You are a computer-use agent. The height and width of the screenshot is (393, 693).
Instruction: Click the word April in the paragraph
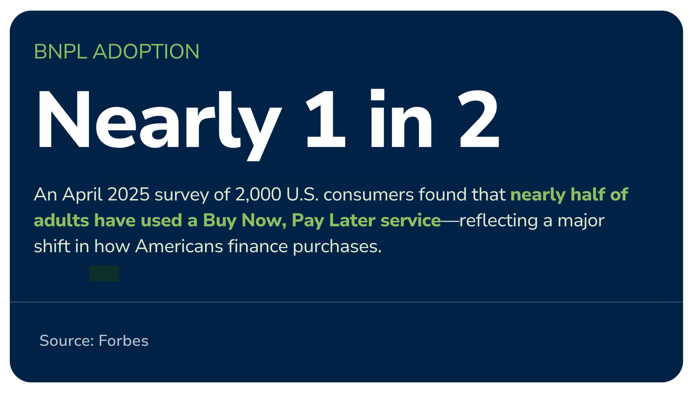click(x=82, y=194)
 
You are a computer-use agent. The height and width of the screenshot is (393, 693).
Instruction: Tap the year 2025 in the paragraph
click(x=129, y=194)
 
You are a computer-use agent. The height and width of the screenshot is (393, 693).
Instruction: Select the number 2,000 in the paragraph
click(x=258, y=194)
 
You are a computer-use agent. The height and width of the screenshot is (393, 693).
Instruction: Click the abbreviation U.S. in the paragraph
click(x=302, y=194)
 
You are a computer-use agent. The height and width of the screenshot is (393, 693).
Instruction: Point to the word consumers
click(x=368, y=194)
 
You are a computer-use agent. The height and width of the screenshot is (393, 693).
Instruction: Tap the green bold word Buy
click(x=220, y=221)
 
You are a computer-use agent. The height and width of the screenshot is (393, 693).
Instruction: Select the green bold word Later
click(x=352, y=220)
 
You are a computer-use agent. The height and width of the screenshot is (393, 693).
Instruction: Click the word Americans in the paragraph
click(x=179, y=246)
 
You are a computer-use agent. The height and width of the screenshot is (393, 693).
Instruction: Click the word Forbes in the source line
click(x=123, y=340)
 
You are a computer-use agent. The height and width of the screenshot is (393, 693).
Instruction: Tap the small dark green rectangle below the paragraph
click(x=104, y=273)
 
